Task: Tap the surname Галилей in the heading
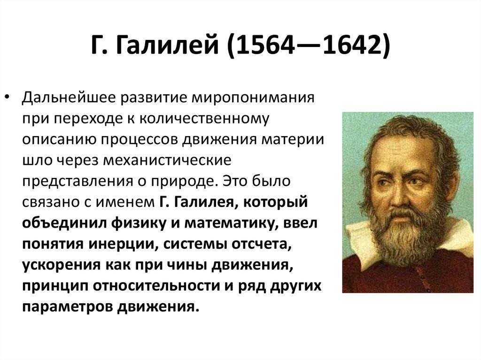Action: pyautogui.click(x=167, y=45)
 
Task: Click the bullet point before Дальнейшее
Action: pyautogui.click(x=8, y=97)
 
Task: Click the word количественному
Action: pyautogui.click(x=204, y=119)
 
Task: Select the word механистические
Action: pyautogui.click(x=167, y=161)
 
